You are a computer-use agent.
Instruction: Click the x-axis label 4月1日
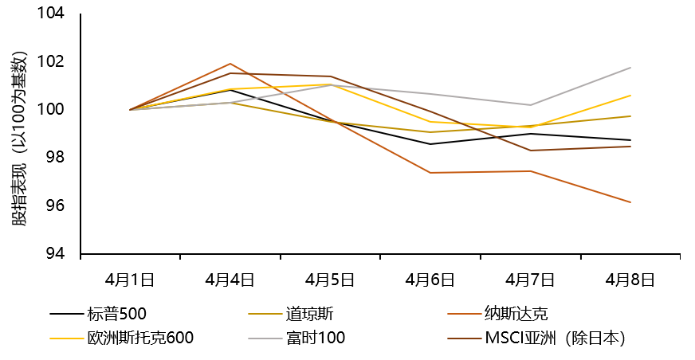pos(130,280)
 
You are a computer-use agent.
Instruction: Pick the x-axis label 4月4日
pos(230,280)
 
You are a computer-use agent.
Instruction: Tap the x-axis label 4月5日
pos(330,280)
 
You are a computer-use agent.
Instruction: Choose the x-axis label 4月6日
pos(430,280)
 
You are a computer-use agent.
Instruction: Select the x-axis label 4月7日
pos(530,280)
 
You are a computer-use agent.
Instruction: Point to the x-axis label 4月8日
pos(630,280)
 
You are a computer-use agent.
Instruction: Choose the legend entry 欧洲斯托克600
pos(140,338)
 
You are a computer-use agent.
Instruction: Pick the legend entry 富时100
pos(315,338)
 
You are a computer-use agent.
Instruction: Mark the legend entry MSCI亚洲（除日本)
pos(555,338)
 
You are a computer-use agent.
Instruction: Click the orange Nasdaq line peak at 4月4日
pos(230,64)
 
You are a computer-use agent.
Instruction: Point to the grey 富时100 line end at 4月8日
pos(630,68)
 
